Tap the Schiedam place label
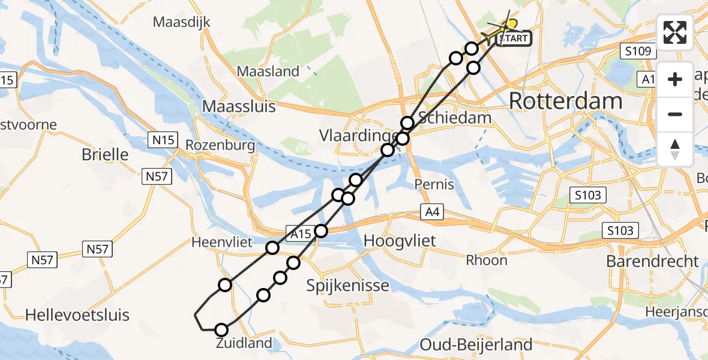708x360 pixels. pyautogui.click(x=455, y=118)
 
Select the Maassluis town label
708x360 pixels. pyautogui.click(x=239, y=107)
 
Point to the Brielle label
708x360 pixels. pyautogui.click(x=105, y=154)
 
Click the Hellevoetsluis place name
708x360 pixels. pyautogui.click(x=77, y=315)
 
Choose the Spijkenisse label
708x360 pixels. pyautogui.click(x=348, y=285)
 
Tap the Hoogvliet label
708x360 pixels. pyautogui.click(x=400, y=241)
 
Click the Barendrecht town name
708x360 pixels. pyautogui.click(x=653, y=261)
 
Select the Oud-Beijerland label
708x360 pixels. pyautogui.click(x=476, y=344)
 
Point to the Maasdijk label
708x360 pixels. pyautogui.click(x=181, y=23)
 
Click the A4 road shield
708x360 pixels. pyautogui.click(x=431, y=211)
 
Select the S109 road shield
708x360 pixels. pyautogui.click(x=637, y=52)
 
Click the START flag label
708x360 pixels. pyautogui.click(x=514, y=39)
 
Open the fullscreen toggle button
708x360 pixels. pyautogui.click(x=675, y=32)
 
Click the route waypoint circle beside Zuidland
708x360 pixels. pyautogui.click(x=221, y=330)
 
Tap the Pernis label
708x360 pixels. pyautogui.click(x=434, y=184)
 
